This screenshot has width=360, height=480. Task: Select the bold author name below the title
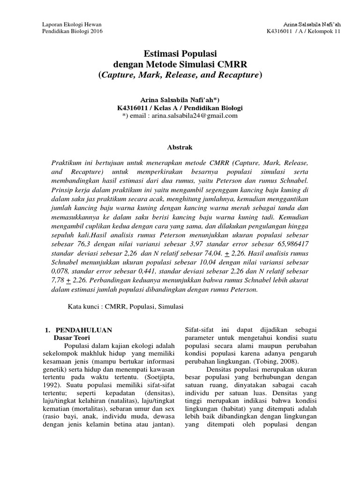180,100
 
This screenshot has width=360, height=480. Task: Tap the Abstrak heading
180,147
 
